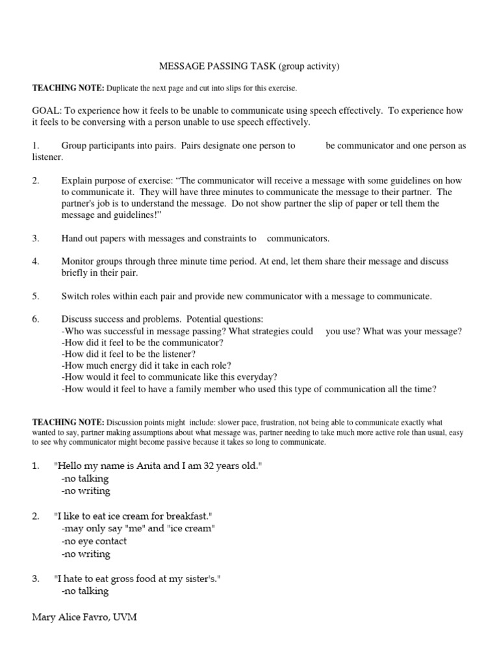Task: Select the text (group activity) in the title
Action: [309, 66]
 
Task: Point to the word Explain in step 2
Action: [77, 180]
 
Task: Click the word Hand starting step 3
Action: [73, 238]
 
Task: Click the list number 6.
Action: [36, 319]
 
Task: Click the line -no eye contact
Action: [94, 541]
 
